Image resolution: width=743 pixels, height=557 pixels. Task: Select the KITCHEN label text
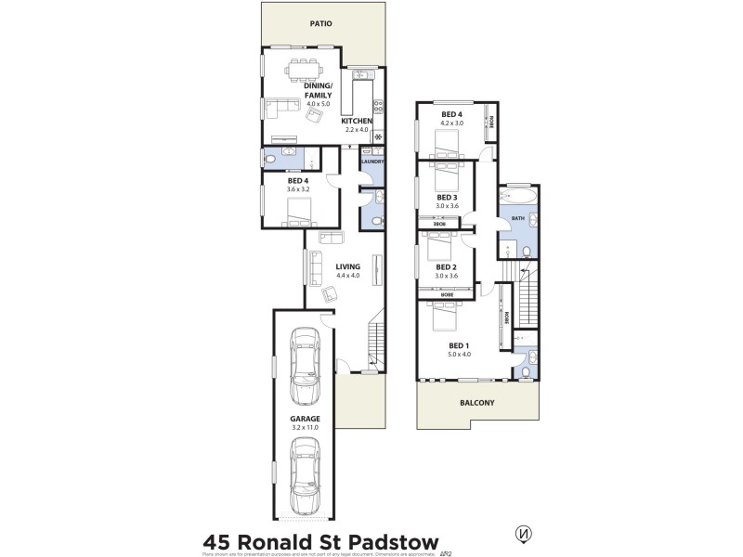pos(357,122)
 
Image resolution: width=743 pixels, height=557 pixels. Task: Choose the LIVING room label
pos(348,266)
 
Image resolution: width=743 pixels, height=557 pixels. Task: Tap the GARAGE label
pos(306,419)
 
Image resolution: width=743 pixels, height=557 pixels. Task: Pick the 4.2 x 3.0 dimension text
pos(452,123)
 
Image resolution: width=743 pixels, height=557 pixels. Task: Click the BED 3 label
pos(448,197)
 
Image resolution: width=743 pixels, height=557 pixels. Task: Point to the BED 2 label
pos(448,267)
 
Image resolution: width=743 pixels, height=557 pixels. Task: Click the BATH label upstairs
pos(518,219)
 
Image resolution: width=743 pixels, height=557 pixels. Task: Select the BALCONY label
pos(476,404)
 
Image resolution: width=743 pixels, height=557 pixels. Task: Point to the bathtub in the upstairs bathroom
pos(518,197)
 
